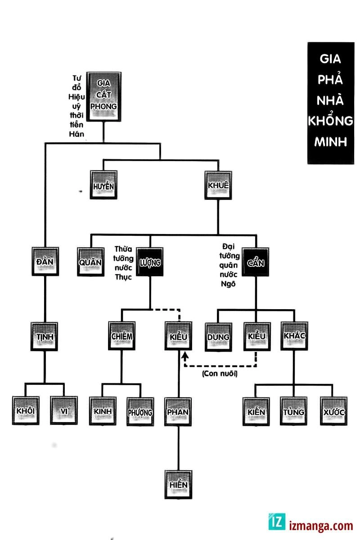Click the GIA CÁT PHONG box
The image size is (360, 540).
[x=103, y=95]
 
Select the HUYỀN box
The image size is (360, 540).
[x=103, y=185]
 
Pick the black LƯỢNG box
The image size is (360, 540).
[x=150, y=261]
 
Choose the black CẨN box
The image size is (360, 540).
[x=256, y=261]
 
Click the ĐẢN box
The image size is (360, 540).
[x=45, y=261]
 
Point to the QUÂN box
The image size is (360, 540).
[x=91, y=261]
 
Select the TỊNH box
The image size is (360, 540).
[x=44, y=336]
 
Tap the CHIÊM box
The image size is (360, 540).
[x=121, y=336]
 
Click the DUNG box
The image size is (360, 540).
[x=218, y=337]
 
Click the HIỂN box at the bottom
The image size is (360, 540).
[x=178, y=485]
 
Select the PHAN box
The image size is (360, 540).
[x=178, y=412]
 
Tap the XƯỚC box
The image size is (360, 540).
[x=333, y=412]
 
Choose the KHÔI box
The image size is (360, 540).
[x=26, y=411]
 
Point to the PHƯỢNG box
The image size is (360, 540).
[x=140, y=412]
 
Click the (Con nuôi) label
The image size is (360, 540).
[x=220, y=373]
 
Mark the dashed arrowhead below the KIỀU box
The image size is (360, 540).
[x=184, y=356]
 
